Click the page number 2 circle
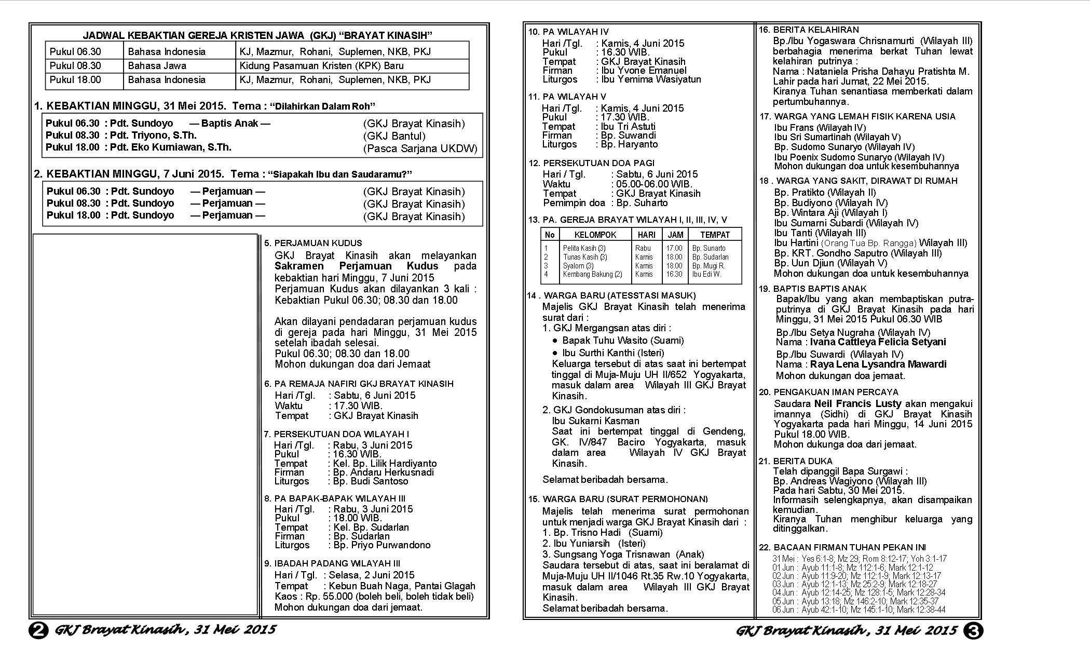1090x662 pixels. [38, 630]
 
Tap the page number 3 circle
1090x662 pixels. [973, 630]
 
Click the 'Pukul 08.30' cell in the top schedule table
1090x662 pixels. [75, 66]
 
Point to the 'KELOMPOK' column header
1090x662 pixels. [595, 235]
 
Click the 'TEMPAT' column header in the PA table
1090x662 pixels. [715, 235]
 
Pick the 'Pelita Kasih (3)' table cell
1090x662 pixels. [584, 248]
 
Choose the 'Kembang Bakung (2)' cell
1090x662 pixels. [592, 274]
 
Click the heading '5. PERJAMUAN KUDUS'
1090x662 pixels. [313, 243]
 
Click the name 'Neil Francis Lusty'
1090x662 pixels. [857, 403]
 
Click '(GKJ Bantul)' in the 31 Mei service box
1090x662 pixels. [394, 136]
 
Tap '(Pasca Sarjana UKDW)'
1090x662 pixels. [420, 148]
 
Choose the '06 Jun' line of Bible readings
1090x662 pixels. [859, 610]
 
